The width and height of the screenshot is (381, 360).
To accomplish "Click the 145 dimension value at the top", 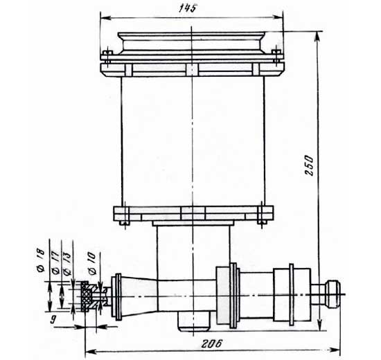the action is [187, 8].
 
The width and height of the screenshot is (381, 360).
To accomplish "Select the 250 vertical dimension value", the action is [310, 165].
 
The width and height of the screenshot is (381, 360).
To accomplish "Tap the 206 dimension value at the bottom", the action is [211, 343].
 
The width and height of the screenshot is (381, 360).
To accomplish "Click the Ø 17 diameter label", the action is [55, 263].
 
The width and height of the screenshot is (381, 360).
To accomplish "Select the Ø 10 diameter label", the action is [92, 264].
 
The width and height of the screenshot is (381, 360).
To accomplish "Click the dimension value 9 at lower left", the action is [53, 319].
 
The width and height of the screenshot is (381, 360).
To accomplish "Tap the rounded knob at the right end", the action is [333, 294].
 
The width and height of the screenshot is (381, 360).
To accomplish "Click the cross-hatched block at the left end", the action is [85, 296].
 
